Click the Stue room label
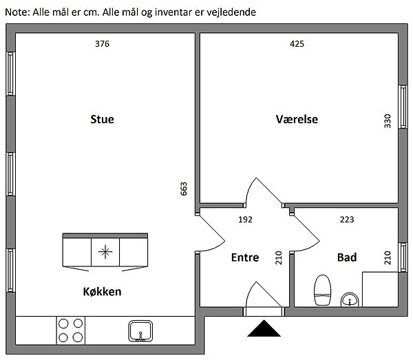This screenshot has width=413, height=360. [102, 119]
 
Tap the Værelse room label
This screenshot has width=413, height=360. [296, 119]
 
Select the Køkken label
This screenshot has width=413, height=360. [101, 291]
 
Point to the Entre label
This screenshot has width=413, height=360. [245, 257]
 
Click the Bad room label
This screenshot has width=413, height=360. [347, 257]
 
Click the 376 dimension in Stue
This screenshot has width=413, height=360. [102, 44]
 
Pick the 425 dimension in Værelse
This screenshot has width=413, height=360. [297, 44]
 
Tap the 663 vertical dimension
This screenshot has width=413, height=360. [184, 189]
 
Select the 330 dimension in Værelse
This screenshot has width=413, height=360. [387, 121]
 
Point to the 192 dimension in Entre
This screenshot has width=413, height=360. [245, 220]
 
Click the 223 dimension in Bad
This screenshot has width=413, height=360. [348, 220]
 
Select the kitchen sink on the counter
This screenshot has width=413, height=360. [140, 331]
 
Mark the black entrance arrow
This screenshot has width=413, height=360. [264, 330]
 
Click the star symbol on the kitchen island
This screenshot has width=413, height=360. [105, 251]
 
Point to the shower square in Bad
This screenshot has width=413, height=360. [379, 290]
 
